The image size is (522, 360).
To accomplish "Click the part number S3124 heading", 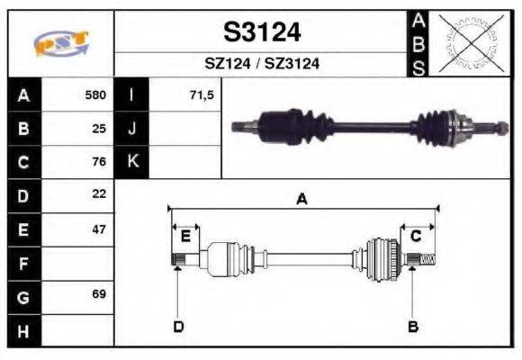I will (x=262, y=32).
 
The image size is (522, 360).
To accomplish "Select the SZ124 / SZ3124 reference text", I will (x=262, y=64).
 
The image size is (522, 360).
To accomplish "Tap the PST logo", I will (x=61, y=43).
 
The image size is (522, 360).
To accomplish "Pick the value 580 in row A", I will (x=95, y=94).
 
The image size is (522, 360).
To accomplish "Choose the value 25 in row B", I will (x=99, y=128).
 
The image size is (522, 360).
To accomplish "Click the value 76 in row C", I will (x=99, y=162).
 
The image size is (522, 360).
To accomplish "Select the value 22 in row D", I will (x=99, y=194).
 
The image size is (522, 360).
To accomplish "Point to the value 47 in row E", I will (x=99, y=229).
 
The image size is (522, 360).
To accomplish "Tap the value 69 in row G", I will (x=99, y=294).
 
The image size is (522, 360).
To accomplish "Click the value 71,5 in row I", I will (x=202, y=94).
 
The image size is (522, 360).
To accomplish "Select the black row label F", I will (x=22, y=263).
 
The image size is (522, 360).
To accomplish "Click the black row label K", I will (x=132, y=162).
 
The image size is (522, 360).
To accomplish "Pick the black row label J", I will (x=132, y=128).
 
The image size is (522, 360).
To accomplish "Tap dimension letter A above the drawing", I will (x=301, y=200).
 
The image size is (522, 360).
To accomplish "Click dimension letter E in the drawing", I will (x=185, y=237).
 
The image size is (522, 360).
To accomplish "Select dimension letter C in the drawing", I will (x=416, y=237).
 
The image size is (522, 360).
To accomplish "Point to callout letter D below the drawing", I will (x=178, y=326).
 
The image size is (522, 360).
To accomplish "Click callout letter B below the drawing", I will (x=412, y=326).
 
